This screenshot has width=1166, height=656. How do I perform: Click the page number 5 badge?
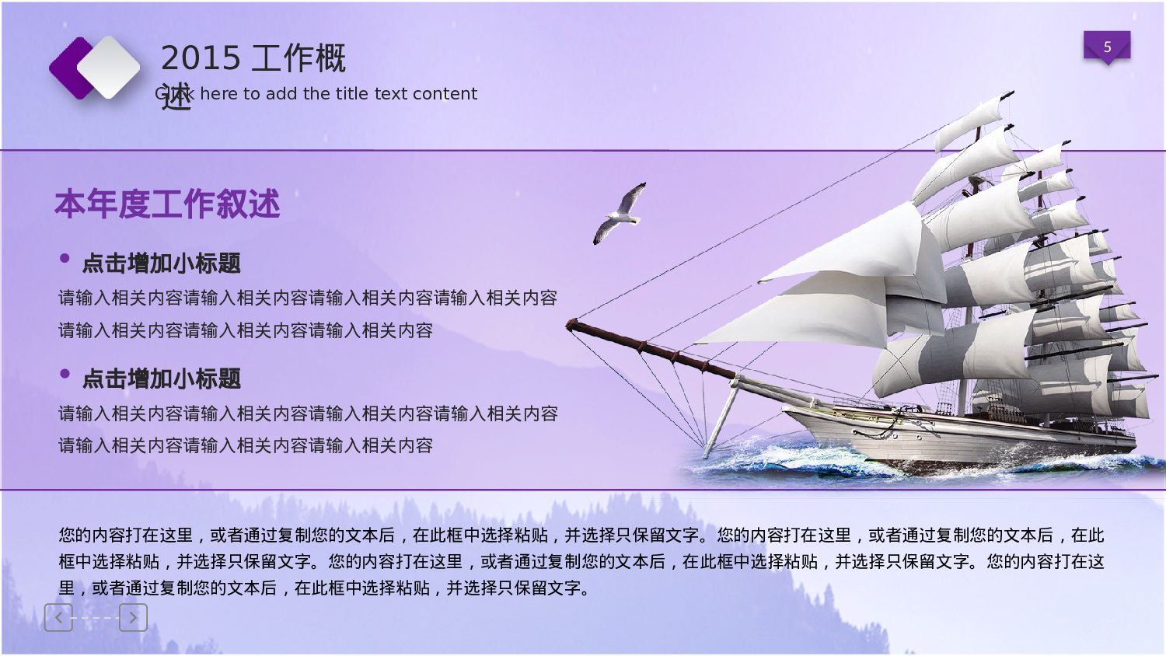pyautogui.click(x=1107, y=47)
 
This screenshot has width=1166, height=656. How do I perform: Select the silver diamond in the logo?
pyautogui.click(x=110, y=67)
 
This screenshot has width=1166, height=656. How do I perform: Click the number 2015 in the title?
pyautogui.click(x=201, y=58)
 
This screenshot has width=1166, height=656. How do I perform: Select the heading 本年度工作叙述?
pyautogui.click(x=167, y=204)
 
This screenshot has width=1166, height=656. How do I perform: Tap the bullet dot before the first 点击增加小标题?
pyautogui.click(x=65, y=258)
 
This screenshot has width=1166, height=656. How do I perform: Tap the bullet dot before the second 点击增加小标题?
pyautogui.click(x=65, y=374)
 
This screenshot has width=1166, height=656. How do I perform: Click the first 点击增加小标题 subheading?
pyautogui.click(x=162, y=263)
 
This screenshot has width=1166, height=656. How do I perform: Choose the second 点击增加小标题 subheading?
pyautogui.click(x=162, y=379)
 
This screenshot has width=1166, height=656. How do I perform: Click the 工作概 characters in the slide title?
pyautogui.click(x=298, y=58)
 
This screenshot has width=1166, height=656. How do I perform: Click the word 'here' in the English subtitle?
pyautogui.click(x=218, y=94)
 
